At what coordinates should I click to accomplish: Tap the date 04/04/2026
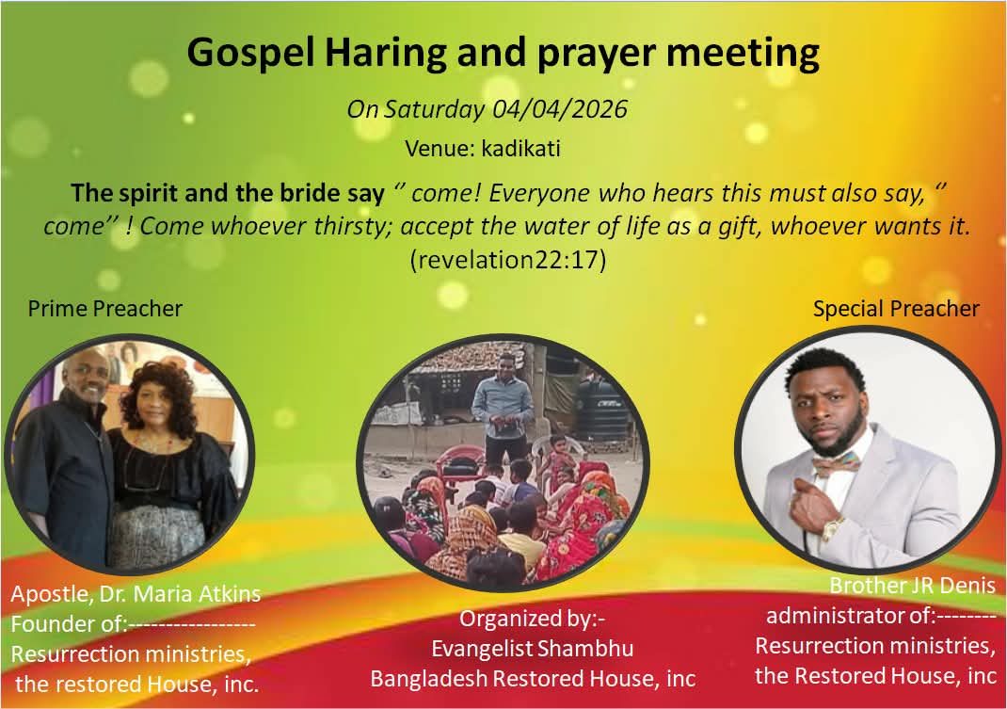pyautogui.click(x=559, y=108)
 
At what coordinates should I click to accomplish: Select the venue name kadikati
pyautogui.click(x=520, y=149)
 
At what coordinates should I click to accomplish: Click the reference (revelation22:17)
pyautogui.click(x=508, y=260)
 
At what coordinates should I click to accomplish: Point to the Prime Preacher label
pyautogui.click(x=105, y=309)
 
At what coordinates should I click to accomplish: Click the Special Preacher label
pyautogui.click(x=896, y=309)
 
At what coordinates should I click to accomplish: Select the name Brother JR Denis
pyautogui.click(x=913, y=586)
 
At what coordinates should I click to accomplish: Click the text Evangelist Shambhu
pyautogui.click(x=533, y=649)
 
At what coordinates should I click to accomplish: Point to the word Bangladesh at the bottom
pyautogui.click(x=428, y=679)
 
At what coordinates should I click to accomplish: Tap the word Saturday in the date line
pyautogui.click(x=434, y=109)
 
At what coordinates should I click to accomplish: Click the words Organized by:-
pyautogui.click(x=533, y=619)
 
